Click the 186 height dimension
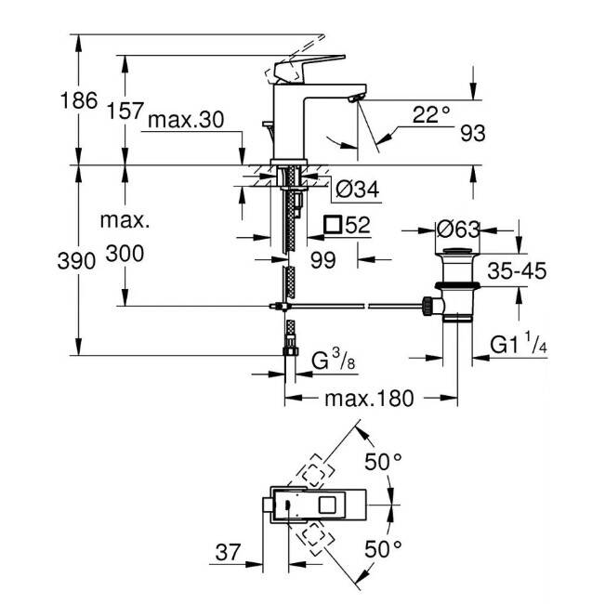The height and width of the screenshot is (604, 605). click(x=79, y=101)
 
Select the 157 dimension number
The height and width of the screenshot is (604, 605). click(x=125, y=111)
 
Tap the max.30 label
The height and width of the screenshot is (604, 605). click(x=186, y=120)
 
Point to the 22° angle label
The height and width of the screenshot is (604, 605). click(x=431, y=114)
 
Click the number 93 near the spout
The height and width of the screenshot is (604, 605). click(x=473, y=134)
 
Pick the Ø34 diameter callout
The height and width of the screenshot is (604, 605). click(x=357, y=189)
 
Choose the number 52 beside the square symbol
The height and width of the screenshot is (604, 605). click(x=358, y=225)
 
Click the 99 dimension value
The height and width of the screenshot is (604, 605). click(x=323, y=260)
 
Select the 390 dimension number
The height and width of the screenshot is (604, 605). click(x=76, y=261)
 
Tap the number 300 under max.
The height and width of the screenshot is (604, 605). click(x=125, y=254)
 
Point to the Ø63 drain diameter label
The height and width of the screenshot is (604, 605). click(x=458, y=230)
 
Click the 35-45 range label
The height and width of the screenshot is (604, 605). click(x=517, y=270)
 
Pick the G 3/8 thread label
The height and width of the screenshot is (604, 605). click(x=333, y=361)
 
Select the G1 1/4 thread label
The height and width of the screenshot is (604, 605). click(x=519, y=345)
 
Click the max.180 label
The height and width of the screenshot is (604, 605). click(x=369, y=399)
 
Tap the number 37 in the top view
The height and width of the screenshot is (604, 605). click(x=228, y=552)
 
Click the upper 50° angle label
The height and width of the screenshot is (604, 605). click(x=383, y=462)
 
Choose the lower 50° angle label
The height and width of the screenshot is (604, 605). click(x=383, y=549)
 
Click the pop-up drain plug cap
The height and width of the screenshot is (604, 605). click(x=457, y=252)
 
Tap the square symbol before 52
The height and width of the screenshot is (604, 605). click(x=333, y=225)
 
